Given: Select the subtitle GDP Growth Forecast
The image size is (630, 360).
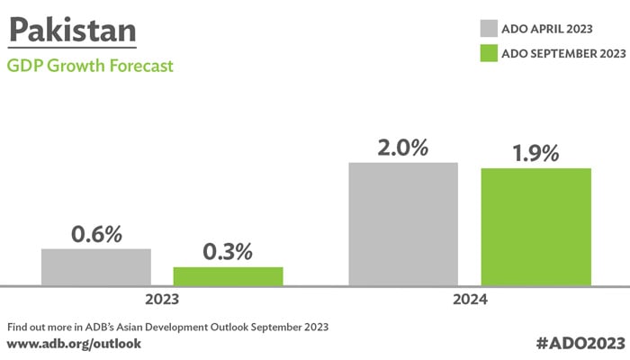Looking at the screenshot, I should pos(90,66).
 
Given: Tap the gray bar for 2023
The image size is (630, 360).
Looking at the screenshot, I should pos(95,267).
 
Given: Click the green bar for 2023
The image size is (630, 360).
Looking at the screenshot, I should pos(228,276).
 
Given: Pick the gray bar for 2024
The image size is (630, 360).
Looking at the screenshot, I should pos(403,224).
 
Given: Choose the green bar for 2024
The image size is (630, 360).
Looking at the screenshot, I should pos(535,227).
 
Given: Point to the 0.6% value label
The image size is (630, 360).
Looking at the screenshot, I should pos(96,234).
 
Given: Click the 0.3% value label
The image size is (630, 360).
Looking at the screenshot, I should pos(229,253).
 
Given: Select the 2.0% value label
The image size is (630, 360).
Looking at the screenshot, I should pos(403,147).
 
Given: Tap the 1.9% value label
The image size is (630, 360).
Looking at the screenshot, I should pos(535,153).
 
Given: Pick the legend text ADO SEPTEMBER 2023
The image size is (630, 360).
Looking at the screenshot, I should pos(562,54).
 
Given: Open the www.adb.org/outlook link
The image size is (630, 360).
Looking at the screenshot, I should pos(74,344).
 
